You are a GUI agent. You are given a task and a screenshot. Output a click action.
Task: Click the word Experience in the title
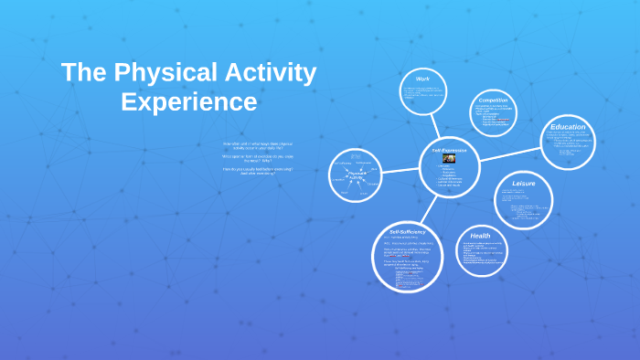pyautogui.click(x=188, y=101)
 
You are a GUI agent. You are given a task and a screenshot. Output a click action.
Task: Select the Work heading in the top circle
pyautogui.click(x=422, y=79)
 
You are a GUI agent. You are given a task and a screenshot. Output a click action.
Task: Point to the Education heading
pyautogui.click(x=568, y=127)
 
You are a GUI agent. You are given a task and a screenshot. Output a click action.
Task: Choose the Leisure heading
pyautogui.click(x=524, y=184)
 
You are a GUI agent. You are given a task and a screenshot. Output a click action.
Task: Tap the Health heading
pyautogui.click(x=481, y=236)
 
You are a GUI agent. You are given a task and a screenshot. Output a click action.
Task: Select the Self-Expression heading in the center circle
pyautogui.click(x=449, y=149)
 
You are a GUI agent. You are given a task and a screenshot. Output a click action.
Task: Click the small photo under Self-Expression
pyautogui.click(x=449, y=158)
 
